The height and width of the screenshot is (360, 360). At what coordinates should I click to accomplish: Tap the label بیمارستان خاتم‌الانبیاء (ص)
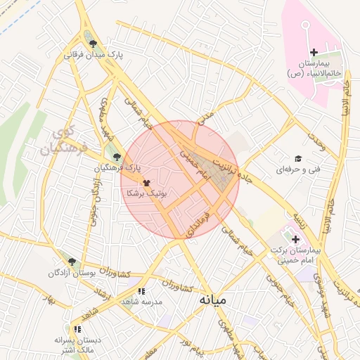click(x=314, y=68)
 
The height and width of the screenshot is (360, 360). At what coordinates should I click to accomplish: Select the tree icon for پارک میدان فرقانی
click(x=94, y=44)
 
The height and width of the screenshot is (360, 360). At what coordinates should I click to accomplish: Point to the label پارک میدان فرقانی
click(x=94, y=55)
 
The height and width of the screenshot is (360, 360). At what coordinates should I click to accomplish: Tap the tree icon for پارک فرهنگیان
click(x=117, y=157)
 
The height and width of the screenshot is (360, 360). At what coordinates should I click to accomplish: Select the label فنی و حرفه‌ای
click(x=293, y=169)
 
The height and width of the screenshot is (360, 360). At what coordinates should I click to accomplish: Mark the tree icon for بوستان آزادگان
click(x=72, y=262)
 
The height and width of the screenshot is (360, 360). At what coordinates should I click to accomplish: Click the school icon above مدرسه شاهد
click(x=141, y=290)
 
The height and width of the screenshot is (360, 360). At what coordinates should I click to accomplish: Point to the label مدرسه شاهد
click(x=141, y=301)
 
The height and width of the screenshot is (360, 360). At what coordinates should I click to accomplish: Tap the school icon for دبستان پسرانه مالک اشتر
click(x=77, y=328)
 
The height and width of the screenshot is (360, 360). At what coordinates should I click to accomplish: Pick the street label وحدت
click(x=317, y=142)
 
